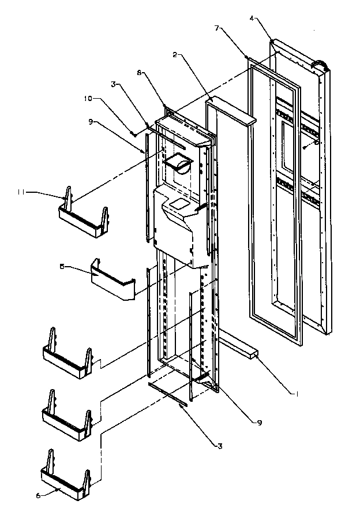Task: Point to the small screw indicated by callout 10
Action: pyautogui.click(x=133, y=134)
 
